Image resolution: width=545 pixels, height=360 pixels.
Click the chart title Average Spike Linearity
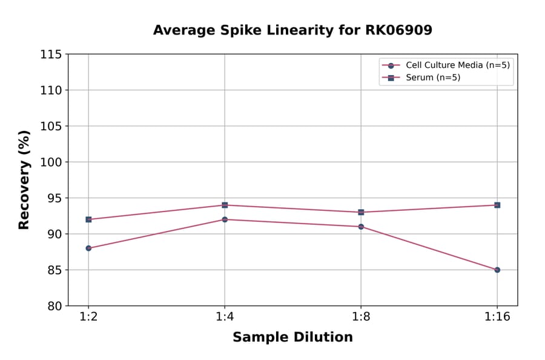tap(292, 30)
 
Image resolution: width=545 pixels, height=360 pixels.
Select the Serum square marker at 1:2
tap(88, 219)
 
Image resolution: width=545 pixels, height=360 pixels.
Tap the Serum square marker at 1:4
tap(225, 205)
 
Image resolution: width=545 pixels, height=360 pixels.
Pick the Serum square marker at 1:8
tap(361, 212)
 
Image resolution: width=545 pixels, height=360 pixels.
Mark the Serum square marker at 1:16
tap(497, 205)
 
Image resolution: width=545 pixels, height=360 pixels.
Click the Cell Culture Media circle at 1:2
tap(88, 248)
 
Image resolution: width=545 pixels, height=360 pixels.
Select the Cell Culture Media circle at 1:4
tap(225, 219)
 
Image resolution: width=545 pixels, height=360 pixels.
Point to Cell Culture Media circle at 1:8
tap(361, 227)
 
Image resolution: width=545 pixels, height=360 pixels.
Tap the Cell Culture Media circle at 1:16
tap(497, 270)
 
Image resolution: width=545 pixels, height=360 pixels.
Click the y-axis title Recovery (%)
tap(24, 180)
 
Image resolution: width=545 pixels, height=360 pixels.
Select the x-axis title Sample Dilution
tap(292, 338)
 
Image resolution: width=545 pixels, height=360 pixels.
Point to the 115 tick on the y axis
tap(51, 55)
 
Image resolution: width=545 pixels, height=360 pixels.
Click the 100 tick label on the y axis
tap(51, 162)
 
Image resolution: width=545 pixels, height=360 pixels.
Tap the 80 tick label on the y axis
tap(54, 306)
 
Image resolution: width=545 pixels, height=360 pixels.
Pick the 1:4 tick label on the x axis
tap(225, 317)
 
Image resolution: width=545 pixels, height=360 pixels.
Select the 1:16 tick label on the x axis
tap(497, 317)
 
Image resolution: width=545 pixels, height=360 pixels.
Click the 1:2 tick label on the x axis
tap(88, 317)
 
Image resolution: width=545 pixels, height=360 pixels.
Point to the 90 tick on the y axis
tap(54, 234)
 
